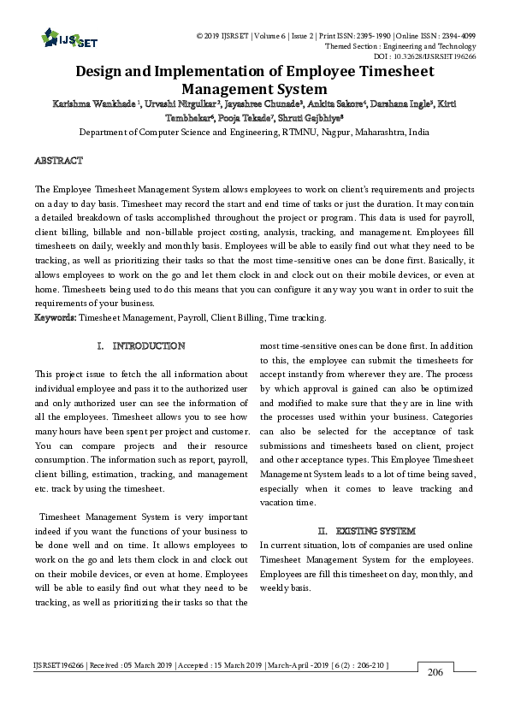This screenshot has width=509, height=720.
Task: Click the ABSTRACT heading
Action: point(58,161)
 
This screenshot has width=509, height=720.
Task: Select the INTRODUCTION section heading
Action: point(148,346)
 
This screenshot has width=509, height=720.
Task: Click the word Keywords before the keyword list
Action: point(55,317)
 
